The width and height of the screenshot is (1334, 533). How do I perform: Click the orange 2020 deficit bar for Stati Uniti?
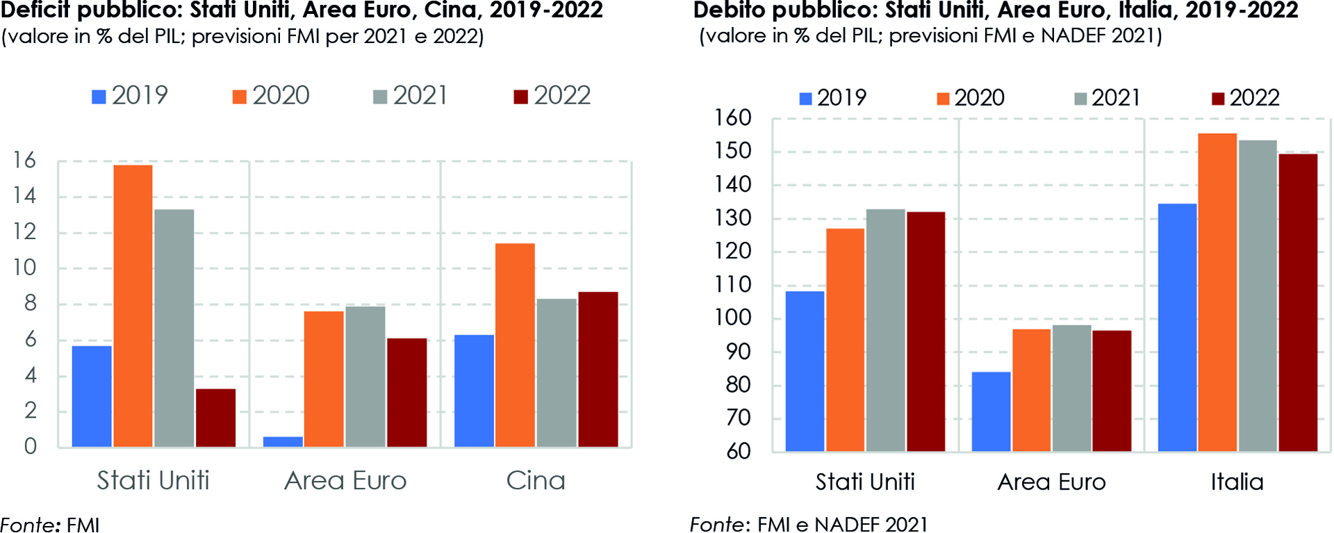click(x=133, y=306)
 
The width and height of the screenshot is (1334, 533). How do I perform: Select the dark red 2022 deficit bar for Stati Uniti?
click(x=215, y=418)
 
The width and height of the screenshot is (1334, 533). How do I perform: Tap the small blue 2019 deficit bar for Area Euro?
click(x=283, y=441)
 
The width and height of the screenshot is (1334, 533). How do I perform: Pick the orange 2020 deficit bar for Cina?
click(x=515, y=345)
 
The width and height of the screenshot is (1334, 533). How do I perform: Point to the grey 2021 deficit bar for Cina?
click(x=557, y=372)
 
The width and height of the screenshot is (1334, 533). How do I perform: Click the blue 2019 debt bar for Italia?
click(x=1177, y=327)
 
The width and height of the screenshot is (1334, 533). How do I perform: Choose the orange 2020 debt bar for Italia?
click(x=1217, y=293)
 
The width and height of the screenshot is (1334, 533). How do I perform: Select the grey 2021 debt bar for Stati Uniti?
click(x=885, y=330)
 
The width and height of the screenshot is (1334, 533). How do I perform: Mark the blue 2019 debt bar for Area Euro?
click(x=991, y=411)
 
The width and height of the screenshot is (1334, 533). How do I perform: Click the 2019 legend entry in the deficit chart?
click(x=130, y=95)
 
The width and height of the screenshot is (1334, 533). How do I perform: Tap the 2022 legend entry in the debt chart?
click(x=1245, y=98)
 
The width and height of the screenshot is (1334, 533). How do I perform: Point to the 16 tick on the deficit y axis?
click(x=24, y=161)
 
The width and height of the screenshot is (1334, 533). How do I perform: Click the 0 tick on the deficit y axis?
click(x=30, y=446)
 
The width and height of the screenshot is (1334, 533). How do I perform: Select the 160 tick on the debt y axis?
click(x=733, y=118)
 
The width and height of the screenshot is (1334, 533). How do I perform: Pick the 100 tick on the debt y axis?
click(x=733, y=318)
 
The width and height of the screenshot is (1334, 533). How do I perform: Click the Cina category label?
click(x=536, y=481)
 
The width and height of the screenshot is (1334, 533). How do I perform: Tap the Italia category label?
click(x=1237, y=482)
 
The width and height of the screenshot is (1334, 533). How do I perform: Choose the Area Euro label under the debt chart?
click(x=1051, y=482)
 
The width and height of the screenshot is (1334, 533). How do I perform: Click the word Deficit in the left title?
click(x=36, y=10)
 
